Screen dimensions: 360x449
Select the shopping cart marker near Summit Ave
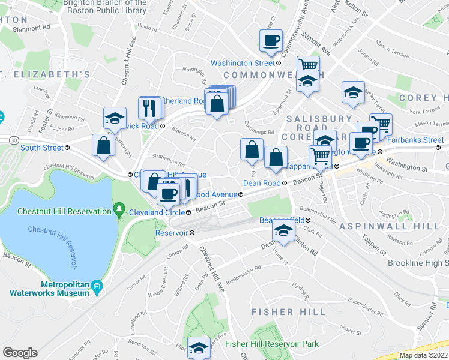pyautogui.click(x=307, y=65)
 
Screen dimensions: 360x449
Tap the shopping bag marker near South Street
pyautogui.click(x=104, y=145)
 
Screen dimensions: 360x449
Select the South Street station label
pyautogui.click(x=41, y=148)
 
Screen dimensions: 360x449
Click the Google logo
pyautogui.click(x=20, y=352)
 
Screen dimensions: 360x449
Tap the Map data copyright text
pyautogui.click(x=424, y=355)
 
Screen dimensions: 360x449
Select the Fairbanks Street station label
pyautogui.click(x=415, y=140)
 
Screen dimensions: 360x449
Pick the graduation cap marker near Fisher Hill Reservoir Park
pyautogui.click(x=198, y=347)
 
